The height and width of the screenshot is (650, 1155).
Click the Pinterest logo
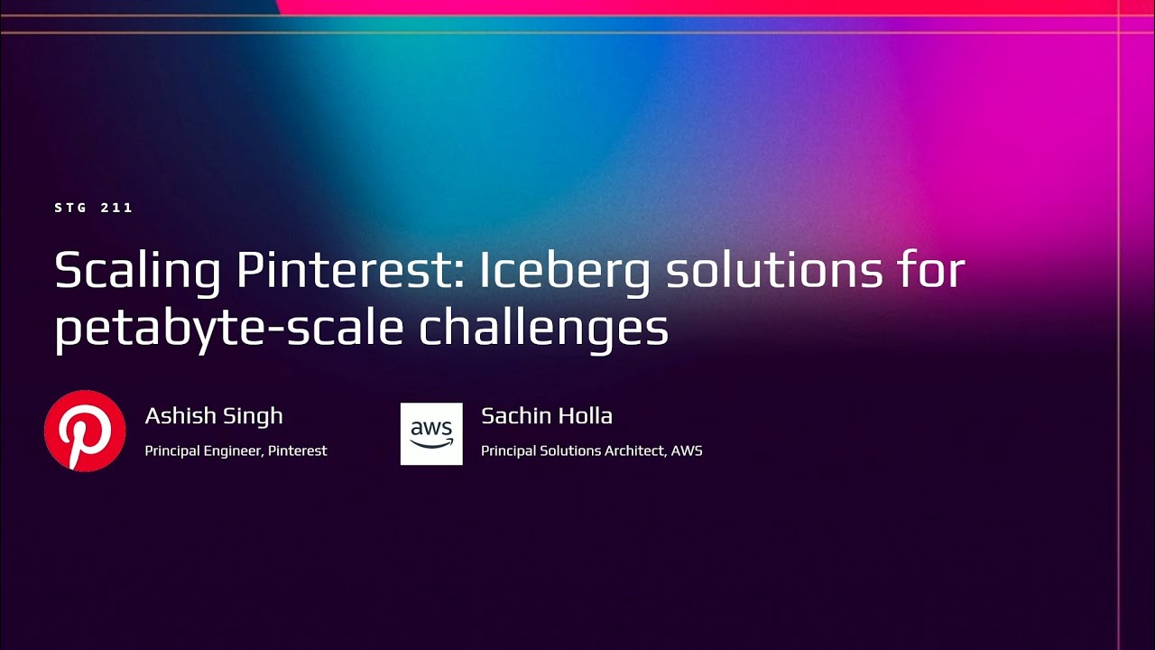85,431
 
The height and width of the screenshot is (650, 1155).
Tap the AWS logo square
431,433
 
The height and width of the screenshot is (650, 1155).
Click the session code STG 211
94,208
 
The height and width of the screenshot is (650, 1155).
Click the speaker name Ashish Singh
214,416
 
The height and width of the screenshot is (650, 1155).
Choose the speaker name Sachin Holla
547,416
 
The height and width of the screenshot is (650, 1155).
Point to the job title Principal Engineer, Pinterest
236,450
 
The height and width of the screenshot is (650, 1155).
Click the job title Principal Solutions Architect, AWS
591,450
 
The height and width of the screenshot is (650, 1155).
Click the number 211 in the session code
117,208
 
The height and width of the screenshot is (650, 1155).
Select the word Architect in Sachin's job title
635,450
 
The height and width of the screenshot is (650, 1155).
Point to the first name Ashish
177,416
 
